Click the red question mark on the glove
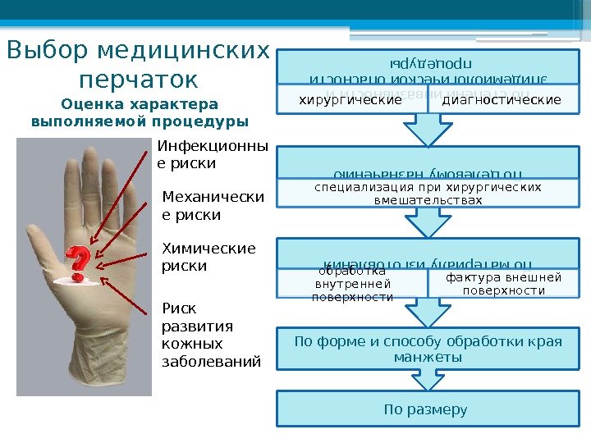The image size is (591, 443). tap(78, 263)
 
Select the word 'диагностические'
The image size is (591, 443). tap(502, 100)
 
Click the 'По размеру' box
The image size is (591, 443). tap(427, 409)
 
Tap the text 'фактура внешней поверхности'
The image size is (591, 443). tap(503, 284)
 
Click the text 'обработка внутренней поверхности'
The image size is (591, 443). tap(352, 284)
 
